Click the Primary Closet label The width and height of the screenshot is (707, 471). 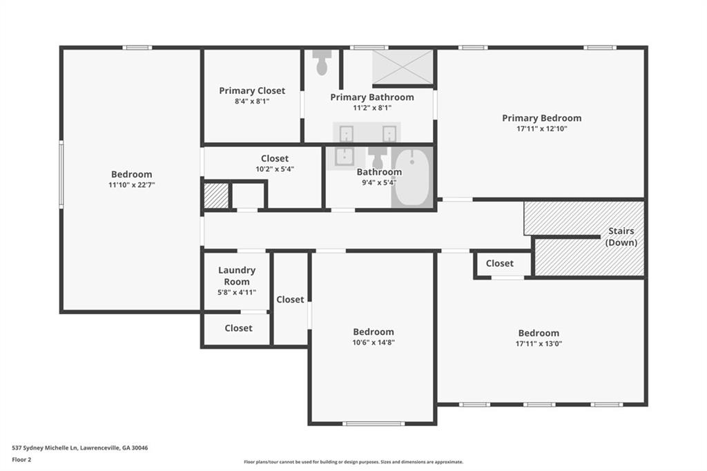pyautogui.click(x=252, y=90)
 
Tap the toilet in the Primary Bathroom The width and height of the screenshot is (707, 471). pyautogui.click(x=322, y=62)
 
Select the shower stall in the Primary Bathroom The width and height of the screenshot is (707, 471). pyautogui.click(x=403, y=67)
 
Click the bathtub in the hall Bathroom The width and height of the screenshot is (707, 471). pyautogui.click(x=412, y=177)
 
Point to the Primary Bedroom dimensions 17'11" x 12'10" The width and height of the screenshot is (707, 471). pyautogui.click(x=541, y=128)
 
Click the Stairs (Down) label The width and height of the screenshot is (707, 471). pyautogui.click(x=621, y=236)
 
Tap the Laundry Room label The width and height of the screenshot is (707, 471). pyautogui.click(x=237, y=276)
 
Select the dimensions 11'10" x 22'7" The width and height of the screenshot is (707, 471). pyautogui.click(x=132, y=185)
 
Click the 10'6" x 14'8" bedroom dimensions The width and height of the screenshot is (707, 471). pyautogui.click(x=374, y=343)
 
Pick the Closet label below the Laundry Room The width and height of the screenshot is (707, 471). pyautogui.click(x=238, y=328)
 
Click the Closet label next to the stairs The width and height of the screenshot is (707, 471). pyautogui.click(x=500, y=263)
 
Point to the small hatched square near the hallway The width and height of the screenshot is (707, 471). pyautogui.click(x=216, y=196)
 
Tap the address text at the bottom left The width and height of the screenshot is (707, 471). pyautogui.click(x=80, y=448)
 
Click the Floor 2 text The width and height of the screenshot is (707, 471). pyautogui.click(x=21, y=460)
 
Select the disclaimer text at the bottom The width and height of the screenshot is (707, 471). pyautogui.click(x=353, y=462)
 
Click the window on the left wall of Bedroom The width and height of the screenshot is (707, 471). pyautogui.click(x=61, y=174)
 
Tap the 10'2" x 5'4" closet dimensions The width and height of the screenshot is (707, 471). pyautogui.click(x=275, y=169)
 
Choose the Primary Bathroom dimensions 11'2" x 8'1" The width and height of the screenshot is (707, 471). pyautogui.click(x=372, y=108)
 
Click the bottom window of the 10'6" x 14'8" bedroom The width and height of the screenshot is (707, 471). pyautogui.click(x=374, y=423)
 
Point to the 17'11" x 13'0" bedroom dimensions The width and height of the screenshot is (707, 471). pyautogui.click(x=539, y=344)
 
